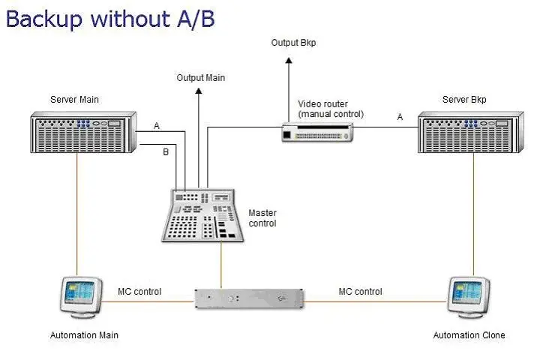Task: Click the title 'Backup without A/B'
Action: point(110,18)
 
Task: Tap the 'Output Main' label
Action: point(200,77)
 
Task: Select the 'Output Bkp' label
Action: point(293,43)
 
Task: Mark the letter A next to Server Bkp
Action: point(400,117)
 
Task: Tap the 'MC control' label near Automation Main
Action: point(139,291)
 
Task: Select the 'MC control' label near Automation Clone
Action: point(360,291)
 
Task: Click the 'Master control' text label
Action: point(262,218)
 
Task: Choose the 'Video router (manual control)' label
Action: point(331,109)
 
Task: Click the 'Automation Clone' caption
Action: point(469,335)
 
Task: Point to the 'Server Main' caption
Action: point(74,99)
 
